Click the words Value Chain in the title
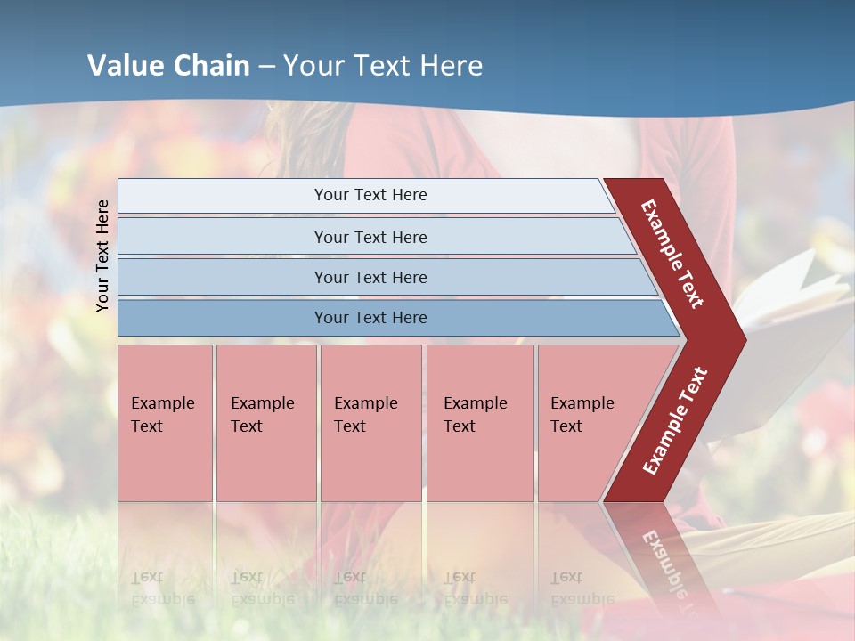pos(168,66)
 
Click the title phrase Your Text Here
pos(383,66)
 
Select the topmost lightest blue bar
pos(223,196)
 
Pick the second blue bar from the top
pos(223,237)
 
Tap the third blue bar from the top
pos(223,277)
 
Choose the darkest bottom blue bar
pos(223,318)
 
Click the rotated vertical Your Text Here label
pos(102,256)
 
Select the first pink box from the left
pos(165,423)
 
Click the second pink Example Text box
pos(265,423)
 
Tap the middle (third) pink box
pos(370,423)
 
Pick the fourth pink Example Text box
pos(479,423)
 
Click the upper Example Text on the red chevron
pos(672,254)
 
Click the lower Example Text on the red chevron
pos(675,420)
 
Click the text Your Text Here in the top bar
pos(370,195)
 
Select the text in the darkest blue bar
pos(370,318)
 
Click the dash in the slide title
pos(266,67)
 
